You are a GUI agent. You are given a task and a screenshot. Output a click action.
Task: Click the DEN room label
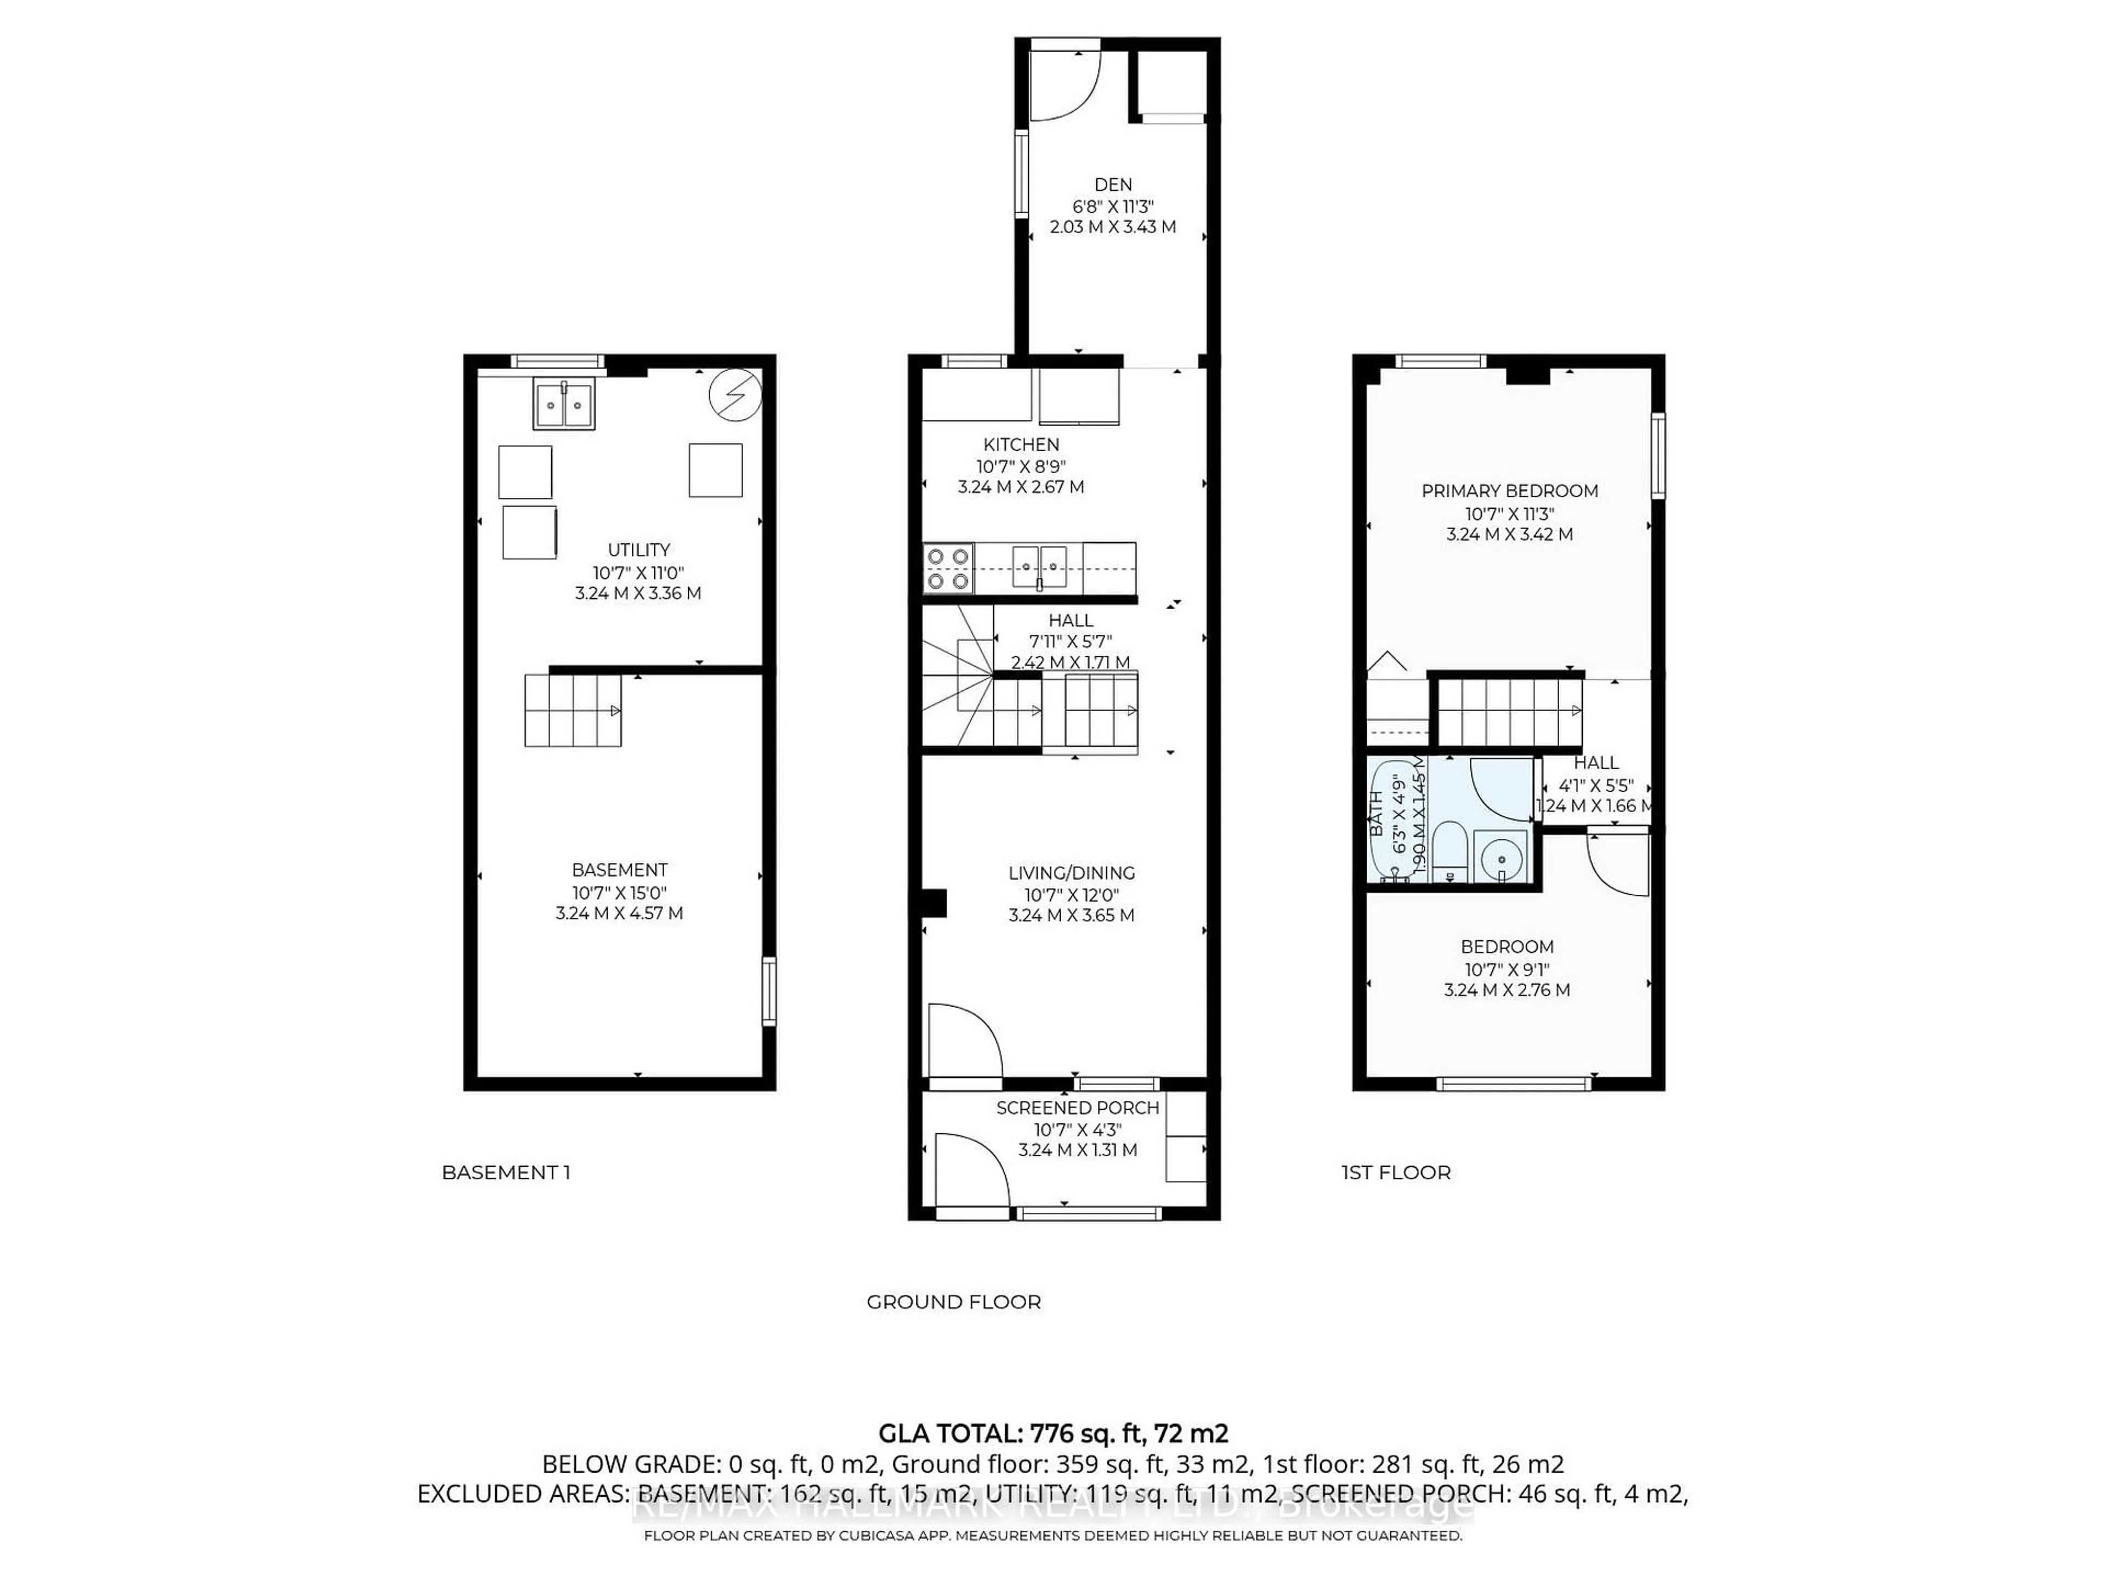coord(1112,185)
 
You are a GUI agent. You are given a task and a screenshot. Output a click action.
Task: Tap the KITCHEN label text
coord(1021,445)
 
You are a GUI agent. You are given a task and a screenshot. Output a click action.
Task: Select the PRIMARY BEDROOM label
coord(1509,491)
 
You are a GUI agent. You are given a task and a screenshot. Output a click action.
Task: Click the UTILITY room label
coord(639,550)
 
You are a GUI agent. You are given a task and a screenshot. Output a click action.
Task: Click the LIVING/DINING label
coord(1071,873)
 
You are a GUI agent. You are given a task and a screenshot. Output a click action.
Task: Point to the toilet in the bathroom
coord(1449,853)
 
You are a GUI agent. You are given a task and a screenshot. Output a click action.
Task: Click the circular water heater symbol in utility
coord(735,395)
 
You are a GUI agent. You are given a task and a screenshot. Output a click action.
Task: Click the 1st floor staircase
coord(1509,711)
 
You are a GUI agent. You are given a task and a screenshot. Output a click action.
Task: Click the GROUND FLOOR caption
coord(953,1302)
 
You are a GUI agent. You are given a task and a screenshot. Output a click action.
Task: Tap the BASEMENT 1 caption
coord(506,1173)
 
